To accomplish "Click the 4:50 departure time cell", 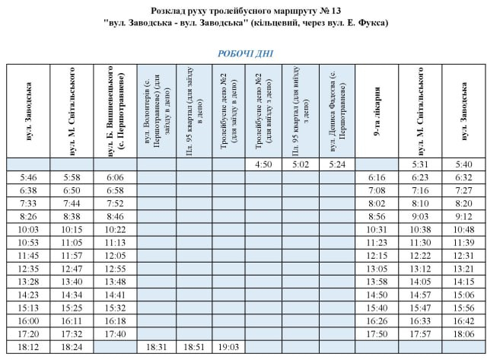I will pyautogui.click(x=263, y=164).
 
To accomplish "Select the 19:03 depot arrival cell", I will pyautogui.click(x=228, y=346).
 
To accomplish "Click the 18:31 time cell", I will pyautogui.click(x=155, y=346).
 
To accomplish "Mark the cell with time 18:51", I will pyautogui.click(x=193, y=346).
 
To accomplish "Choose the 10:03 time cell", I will pyautogui.click(x=27, y=228).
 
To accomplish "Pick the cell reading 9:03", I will pyautogui.click(x=420, y=215).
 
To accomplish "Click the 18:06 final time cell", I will pyautogui.click(x=464, y=333).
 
